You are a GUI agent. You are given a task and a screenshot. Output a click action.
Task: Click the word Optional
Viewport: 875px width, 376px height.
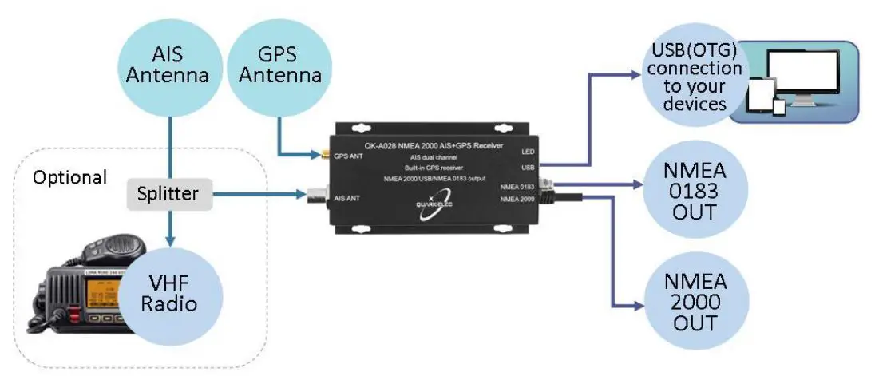[x=69, y=177]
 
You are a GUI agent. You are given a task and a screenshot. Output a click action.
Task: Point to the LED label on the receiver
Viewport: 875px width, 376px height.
[x=527, y=152]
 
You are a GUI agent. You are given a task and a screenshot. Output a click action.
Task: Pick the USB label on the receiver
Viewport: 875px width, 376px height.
[x=526, y=168]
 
